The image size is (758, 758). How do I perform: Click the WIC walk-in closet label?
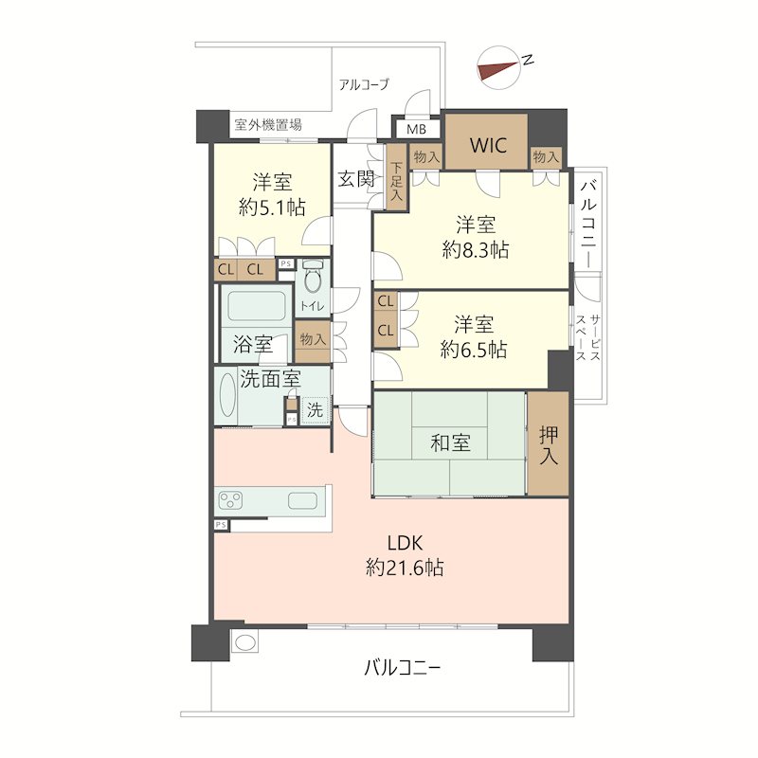click(x=488, y=145)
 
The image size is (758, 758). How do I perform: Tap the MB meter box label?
click(x=416, y=130)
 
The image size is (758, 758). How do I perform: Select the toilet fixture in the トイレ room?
click(x=313, y=277)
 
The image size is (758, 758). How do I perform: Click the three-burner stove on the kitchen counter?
click(x=230, y=500)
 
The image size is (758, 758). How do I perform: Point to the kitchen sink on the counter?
click(x=302, y=500)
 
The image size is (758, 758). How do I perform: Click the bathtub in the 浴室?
click(x=256, y=305)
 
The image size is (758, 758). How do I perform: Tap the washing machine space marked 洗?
click(x=315, y=410)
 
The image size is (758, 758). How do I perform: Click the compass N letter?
click(x=528, y=60)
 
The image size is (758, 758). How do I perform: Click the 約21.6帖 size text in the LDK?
click(x=405, y=568)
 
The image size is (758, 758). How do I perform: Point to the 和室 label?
click(x=450, y=442)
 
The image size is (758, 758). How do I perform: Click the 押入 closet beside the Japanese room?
click(x=549, y=443)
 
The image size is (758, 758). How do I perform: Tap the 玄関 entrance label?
click(x=356, y=179)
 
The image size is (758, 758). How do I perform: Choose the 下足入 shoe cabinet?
click(x=396, y=177)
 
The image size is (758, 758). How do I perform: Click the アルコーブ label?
click(x=364, y=84)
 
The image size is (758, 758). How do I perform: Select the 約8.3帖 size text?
click(x=476, y=250)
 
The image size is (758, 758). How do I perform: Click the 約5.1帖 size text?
click(x=272, y=208)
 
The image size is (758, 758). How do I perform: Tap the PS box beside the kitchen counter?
click(x=221, y=525)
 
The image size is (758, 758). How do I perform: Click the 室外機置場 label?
click(x=268, y=125)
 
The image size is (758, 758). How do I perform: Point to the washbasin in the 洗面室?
click(x=227, y=396)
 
